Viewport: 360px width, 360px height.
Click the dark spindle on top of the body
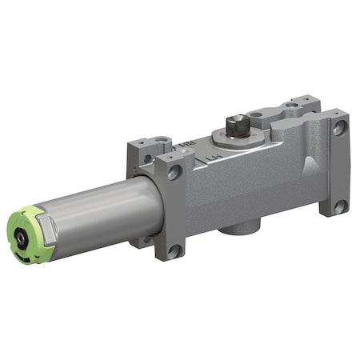(x=237, y=126)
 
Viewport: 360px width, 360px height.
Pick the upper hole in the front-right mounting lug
(x=338, y=126)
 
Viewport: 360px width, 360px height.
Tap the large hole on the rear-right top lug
(x=294, y=105)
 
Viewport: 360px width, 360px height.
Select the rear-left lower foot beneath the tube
(x=145, y=240)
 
